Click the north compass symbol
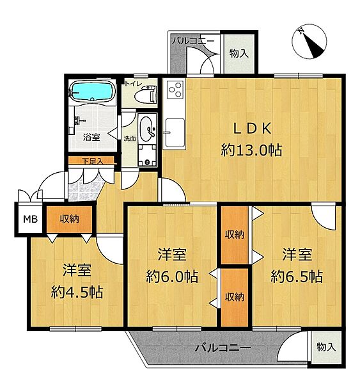point(309,42)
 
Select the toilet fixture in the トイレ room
point(146,94)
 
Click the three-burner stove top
point(175,90)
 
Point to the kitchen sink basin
point(175,132)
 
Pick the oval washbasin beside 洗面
point(147,129)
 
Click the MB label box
point(30,219)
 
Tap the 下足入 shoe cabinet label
point(93,161)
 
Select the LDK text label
point(252,129)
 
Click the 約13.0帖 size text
point(251,150)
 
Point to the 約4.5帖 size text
point(77,292)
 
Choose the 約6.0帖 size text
point(172,276)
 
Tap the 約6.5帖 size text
point(297,276)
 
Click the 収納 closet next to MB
point(70,219)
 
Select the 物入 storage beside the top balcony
point(239,53)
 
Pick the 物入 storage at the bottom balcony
point(326,347)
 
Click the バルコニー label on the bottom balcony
point(223,348)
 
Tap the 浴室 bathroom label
point(91,137)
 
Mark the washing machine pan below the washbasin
point(147,155)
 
